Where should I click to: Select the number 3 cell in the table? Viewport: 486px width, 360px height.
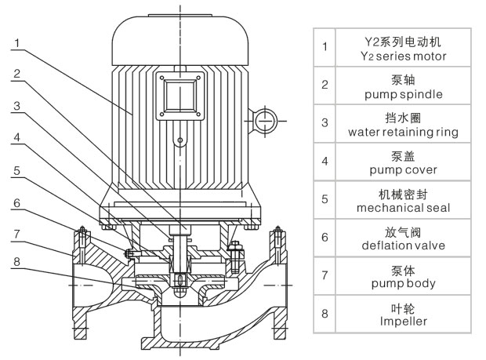click(x=325, y=123)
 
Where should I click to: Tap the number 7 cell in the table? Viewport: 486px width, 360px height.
click(x=325, y=275)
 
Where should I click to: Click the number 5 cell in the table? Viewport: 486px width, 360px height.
click(x=325, y=199)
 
